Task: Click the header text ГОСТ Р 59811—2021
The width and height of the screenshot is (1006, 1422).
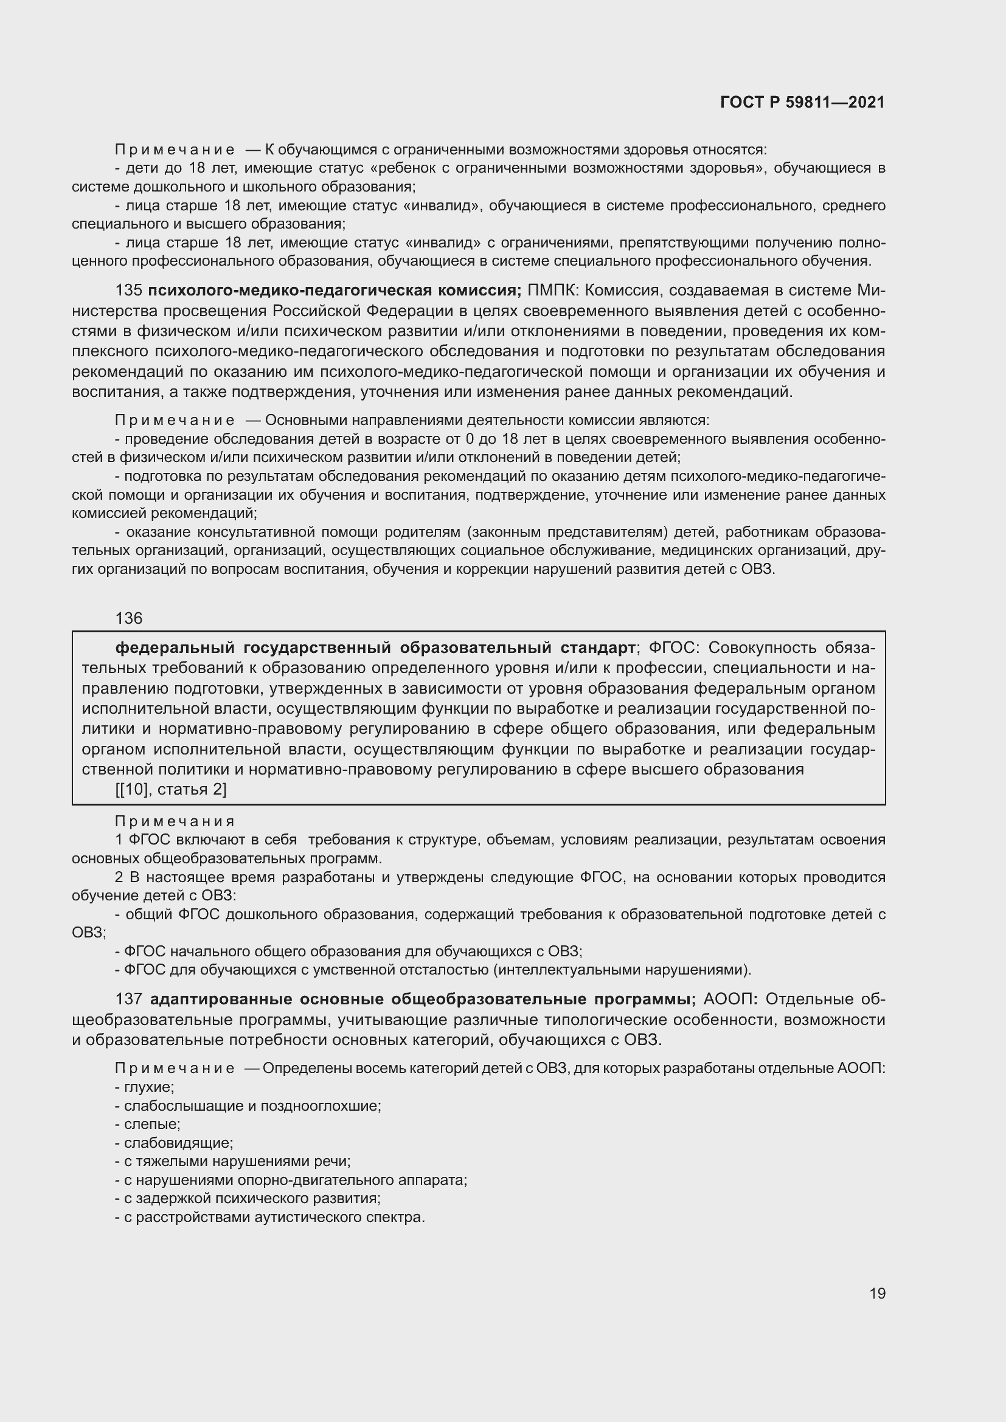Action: (802, 103)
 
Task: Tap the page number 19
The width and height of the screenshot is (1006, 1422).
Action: (877, 1294)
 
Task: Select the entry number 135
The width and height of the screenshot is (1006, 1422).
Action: (129, 291)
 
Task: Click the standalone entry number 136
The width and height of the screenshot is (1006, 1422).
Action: (129, 618)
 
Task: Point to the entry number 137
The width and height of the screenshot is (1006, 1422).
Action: (129, 999)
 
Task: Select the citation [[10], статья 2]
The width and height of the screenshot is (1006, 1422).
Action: (171, 790)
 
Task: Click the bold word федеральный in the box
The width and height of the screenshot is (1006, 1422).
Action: (175, 648)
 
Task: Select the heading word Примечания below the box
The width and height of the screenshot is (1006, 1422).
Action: (175, 821)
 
